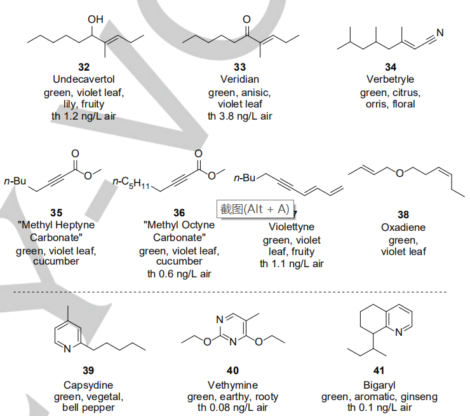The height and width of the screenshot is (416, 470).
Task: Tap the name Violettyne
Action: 291,227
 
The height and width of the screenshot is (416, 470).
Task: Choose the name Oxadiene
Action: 403,227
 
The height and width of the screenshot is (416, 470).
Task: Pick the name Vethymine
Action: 232,384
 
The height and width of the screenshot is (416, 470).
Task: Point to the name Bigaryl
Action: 379,384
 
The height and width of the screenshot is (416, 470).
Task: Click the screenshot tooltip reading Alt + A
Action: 255,209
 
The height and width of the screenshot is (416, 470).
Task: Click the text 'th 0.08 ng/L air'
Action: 232,408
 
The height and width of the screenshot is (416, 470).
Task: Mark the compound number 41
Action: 379,372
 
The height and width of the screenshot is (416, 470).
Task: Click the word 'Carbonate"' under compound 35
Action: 56,238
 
